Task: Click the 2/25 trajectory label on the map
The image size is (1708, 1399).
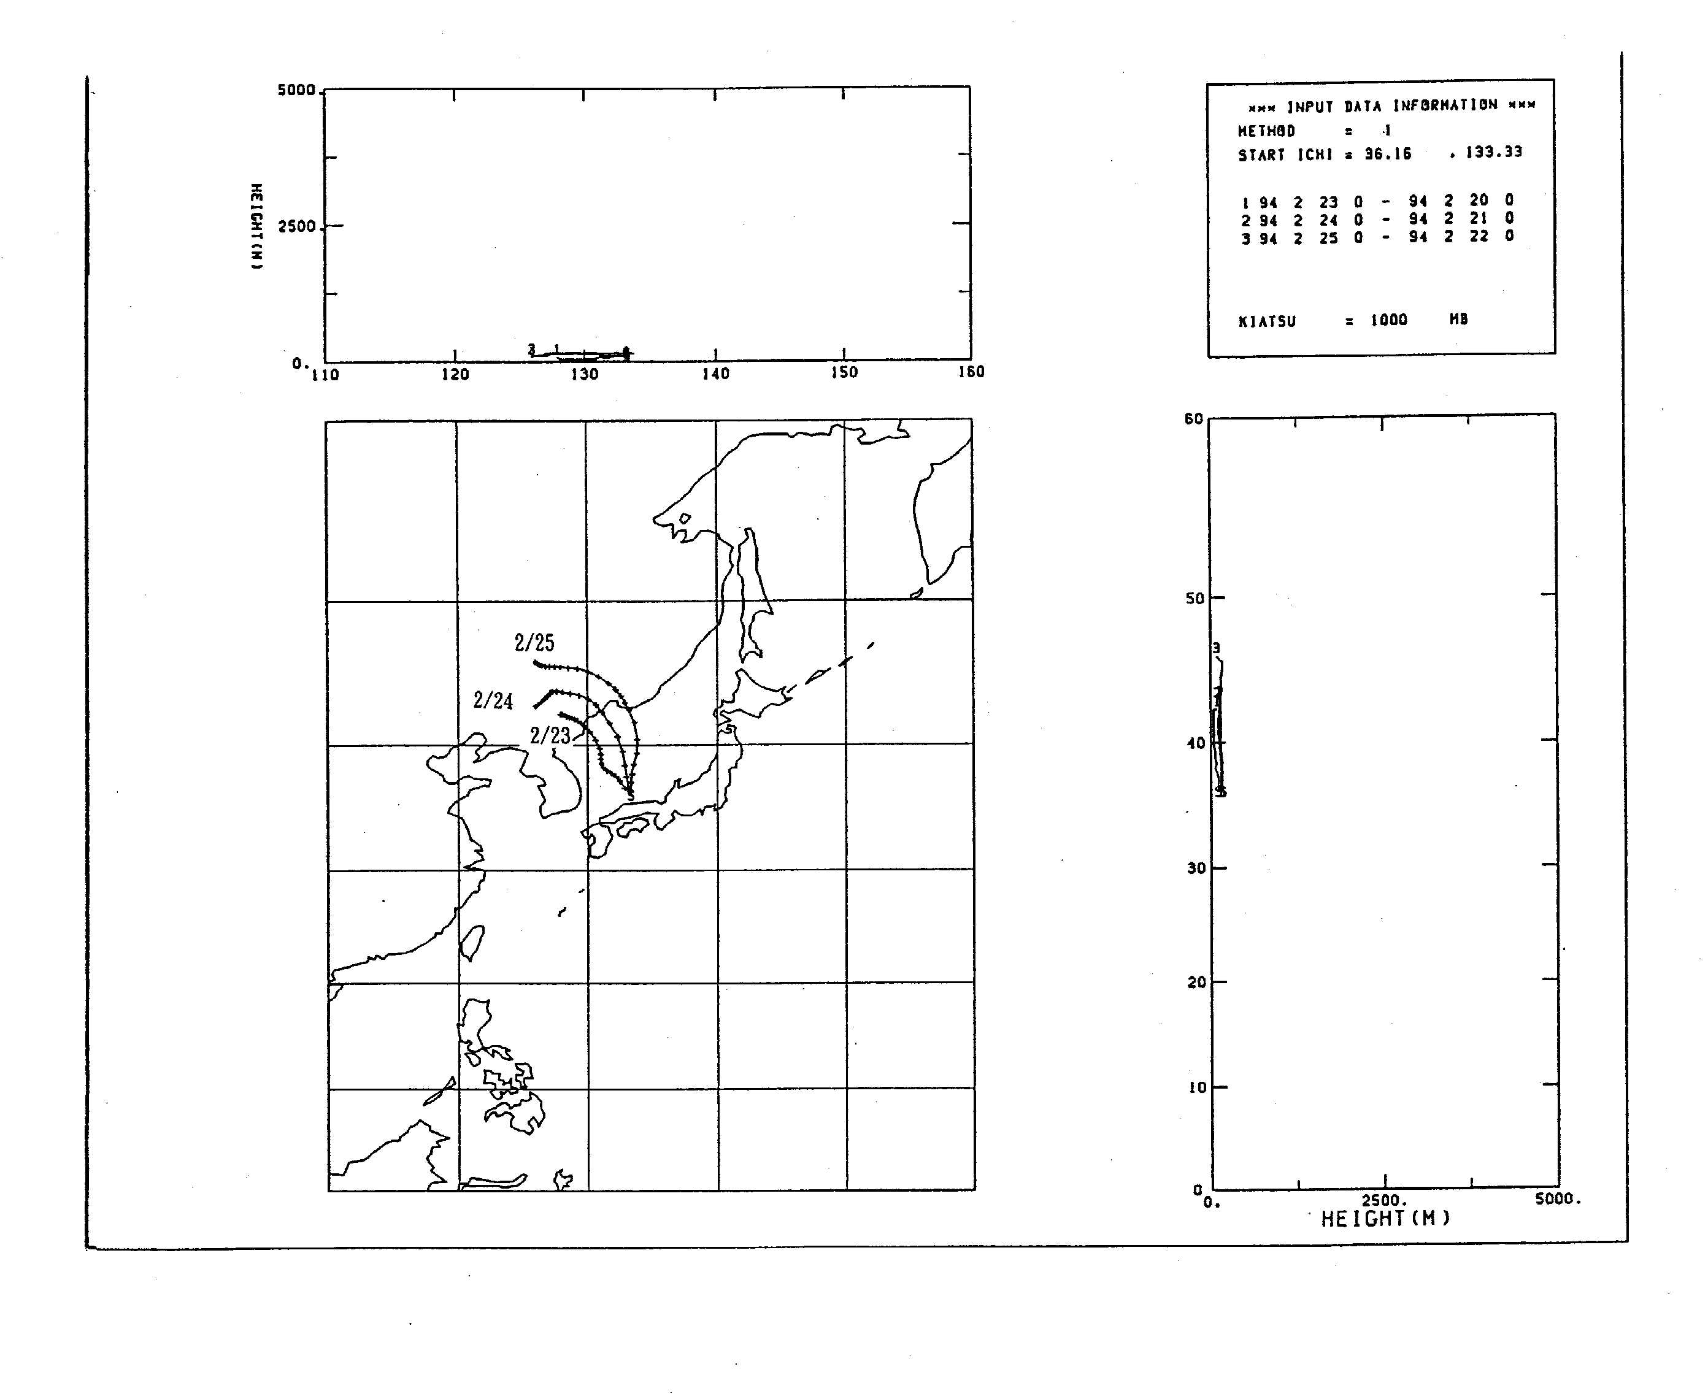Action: point(534,642)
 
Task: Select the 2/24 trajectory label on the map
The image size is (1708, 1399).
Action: point(493,700)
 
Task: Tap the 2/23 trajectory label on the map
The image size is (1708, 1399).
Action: point(550,735)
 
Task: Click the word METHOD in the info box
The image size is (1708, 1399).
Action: point(1266,131)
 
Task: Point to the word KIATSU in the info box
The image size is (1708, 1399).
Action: point(1267,321)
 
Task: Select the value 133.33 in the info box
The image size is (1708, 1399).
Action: point(1494,152)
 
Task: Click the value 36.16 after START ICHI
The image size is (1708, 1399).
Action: point(1387,154)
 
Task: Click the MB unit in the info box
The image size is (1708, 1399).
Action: point(1458,319)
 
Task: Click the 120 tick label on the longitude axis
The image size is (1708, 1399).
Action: point(455,375)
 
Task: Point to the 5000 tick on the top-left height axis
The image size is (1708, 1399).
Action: point(296,90)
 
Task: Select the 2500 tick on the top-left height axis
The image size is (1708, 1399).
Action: point(296,226)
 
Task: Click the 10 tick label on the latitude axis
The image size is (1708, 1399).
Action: point(1197,1087)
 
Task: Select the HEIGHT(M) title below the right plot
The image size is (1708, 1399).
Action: point(1385,1219)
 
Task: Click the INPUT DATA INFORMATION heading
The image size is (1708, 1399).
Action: point(1391,106)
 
